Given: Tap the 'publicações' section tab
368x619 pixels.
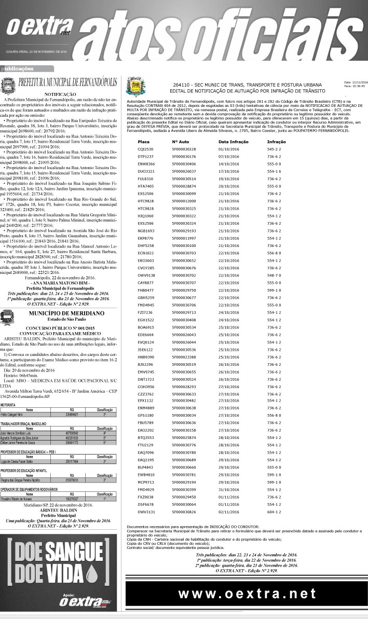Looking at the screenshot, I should click(18, 68).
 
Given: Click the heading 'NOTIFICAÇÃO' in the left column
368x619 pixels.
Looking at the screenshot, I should click(60, 93).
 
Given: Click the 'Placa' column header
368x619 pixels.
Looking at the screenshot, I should click(144, 141).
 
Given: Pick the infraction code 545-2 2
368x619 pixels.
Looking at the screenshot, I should click(274, 149).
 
